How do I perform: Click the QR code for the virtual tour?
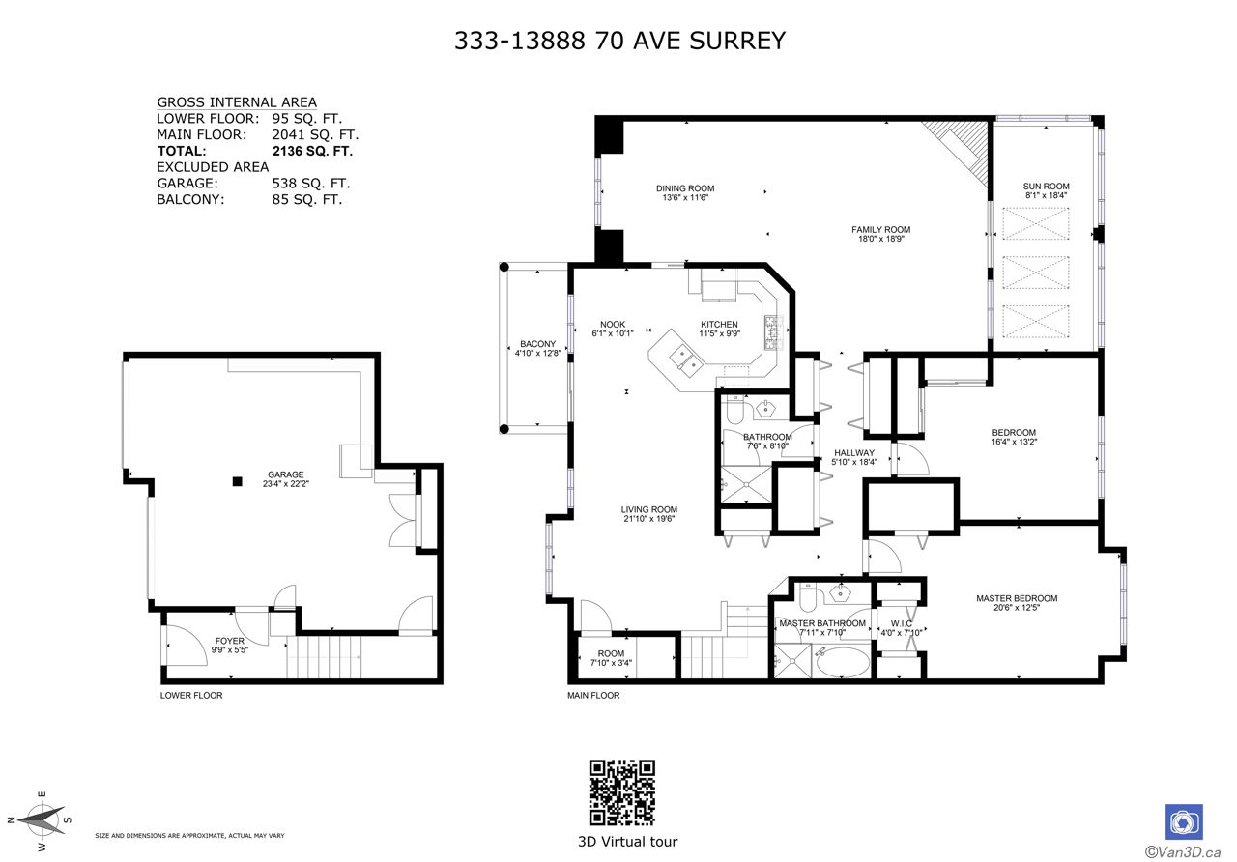[621, 792]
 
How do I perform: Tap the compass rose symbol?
[41, 820]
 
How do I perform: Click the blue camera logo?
[1184, 821]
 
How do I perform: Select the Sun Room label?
[1046, 187]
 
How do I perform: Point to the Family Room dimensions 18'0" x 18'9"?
[880, 239]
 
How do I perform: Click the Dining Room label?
[685, 188]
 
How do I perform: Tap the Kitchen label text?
[719, 324]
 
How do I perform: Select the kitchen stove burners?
[774, 331]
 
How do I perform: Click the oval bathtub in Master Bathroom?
[842, 662]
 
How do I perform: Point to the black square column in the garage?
[238, 481]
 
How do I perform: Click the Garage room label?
[285, 474]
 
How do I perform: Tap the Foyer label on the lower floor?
[230, 641]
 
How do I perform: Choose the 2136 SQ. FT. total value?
[312, 151]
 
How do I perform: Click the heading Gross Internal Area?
[237, 102]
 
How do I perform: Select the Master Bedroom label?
[1017, 598]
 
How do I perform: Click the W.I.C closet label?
[902, 623]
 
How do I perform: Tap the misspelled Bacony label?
[538, 343]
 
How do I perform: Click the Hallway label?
[854, 453]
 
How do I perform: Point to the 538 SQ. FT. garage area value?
[311, 183]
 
